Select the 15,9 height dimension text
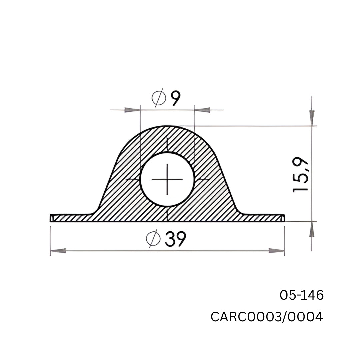point(301,175)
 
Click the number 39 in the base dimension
point(175,239)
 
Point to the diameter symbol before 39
point(153,239)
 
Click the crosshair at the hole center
point(167,179)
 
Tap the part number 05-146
point(301,295)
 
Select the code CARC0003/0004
point(267,317)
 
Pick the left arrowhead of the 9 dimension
point(132,110)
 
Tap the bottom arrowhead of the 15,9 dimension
point(312,230)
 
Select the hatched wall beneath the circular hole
point(167,214)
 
